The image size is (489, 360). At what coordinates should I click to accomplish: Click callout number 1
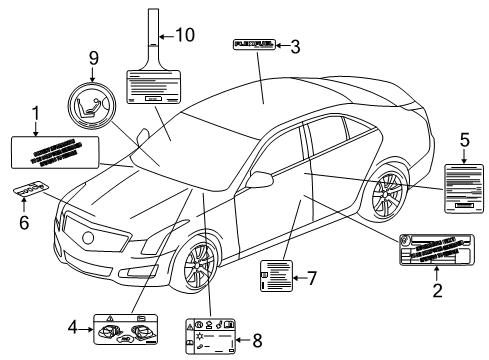36,112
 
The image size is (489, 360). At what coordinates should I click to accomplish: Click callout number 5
463,141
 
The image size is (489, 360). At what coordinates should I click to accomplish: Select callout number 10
184,35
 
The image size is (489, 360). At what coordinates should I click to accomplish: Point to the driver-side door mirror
261,180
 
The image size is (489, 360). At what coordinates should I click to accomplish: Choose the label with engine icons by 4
125,327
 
